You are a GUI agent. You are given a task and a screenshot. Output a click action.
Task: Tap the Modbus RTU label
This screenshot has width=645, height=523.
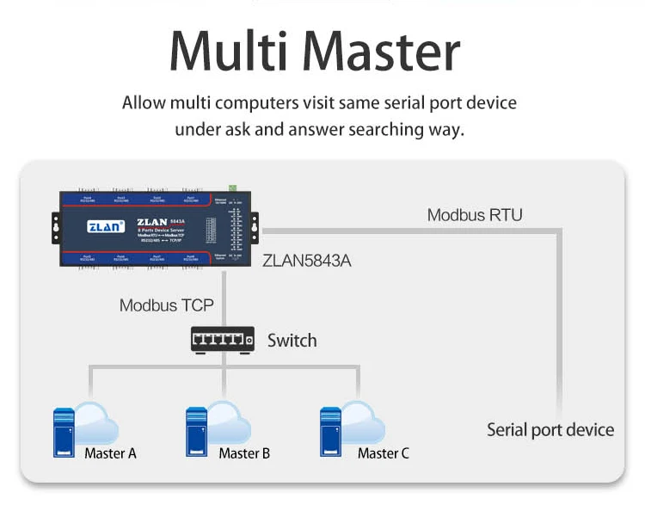coord(475,214)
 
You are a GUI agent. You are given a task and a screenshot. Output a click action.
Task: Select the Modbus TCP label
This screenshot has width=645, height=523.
coord(166,305)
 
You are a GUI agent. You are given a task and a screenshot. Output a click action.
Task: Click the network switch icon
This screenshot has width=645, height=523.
coord(223,340)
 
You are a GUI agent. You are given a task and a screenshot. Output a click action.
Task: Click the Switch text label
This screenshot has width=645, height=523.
coord(292,341)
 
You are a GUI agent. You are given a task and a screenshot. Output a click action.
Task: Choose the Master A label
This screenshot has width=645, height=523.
coord(110,453)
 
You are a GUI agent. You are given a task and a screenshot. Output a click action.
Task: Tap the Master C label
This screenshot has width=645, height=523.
coord(384,453)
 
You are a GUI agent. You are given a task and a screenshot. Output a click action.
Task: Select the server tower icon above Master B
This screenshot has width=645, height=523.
coord(197,431)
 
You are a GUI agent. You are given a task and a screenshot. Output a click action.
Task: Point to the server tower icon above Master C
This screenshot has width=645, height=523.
coord(331,431)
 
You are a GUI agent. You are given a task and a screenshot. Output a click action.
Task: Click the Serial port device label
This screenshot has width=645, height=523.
coord(550,430)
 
